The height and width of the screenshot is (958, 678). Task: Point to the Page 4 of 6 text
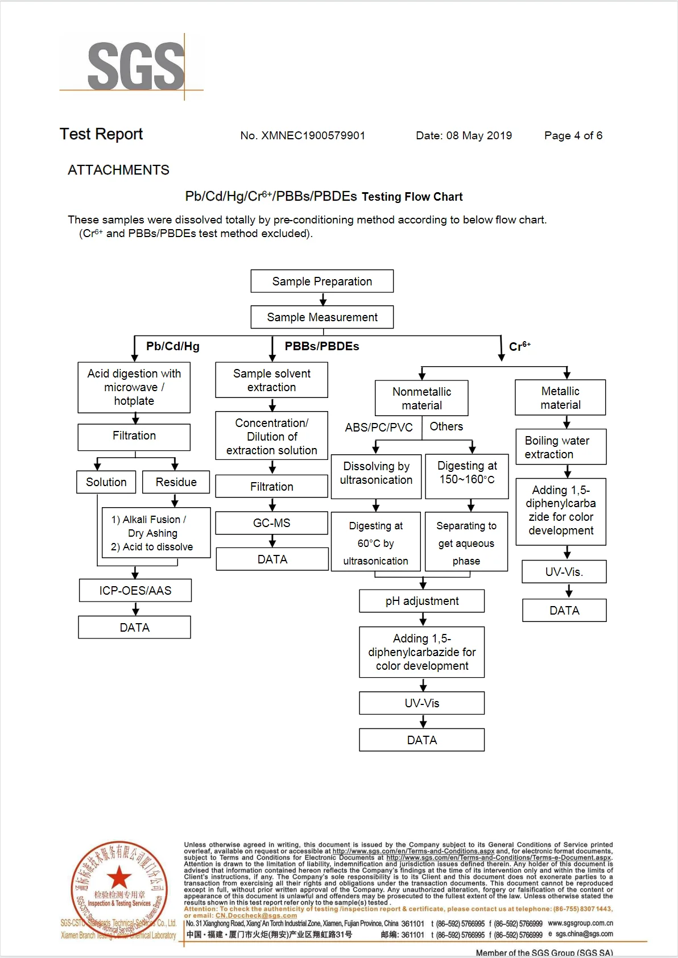pos(573,135)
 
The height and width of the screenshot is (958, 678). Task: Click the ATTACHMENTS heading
pos(118,170)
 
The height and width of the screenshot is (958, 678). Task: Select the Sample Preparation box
pos(322,281)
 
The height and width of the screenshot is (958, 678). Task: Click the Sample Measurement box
pos(322,317)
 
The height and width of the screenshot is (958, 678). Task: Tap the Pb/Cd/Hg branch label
pos(172,346)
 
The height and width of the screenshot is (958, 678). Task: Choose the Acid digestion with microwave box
pos(134,387)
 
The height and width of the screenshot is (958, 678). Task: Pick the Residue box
pos(176,482)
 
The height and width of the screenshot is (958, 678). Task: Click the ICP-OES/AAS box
pos(135,591)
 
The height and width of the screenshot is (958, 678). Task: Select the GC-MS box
pos(272,523)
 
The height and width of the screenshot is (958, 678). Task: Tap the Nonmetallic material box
pos(421,398)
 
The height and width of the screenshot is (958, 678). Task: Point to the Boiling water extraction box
pos(561,447)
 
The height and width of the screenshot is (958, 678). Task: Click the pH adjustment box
pos(421,601)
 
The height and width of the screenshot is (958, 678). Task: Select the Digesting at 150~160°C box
pos(466,472)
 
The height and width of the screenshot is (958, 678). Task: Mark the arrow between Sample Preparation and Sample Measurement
pos(323,300)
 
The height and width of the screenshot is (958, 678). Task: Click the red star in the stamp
pos(119,877)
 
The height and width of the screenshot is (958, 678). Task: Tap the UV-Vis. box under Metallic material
pos(564,572)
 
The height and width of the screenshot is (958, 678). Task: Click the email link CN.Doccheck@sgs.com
pos(256,915)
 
